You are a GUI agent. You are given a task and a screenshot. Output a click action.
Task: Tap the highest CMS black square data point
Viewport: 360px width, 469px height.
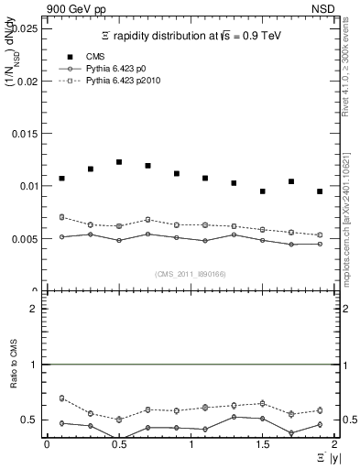[x=119, y=162]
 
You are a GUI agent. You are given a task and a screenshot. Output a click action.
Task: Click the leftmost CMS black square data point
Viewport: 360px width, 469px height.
[x=61, y=179]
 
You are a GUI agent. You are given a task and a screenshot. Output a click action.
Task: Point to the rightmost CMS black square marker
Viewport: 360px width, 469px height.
[x=320, y=191]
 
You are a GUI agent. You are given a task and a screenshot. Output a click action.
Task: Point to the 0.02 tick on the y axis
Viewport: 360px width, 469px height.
[x=25, y=81]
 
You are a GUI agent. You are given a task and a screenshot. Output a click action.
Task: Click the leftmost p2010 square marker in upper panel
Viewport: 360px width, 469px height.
[x=61, y=217]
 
